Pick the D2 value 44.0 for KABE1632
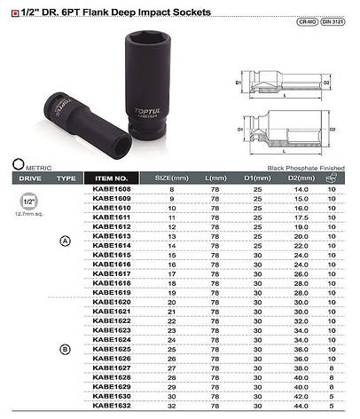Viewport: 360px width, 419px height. click(x=293, y=404)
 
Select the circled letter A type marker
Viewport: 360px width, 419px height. click(x=65, y=242)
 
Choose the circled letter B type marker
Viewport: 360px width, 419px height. click(x=65, y=351)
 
